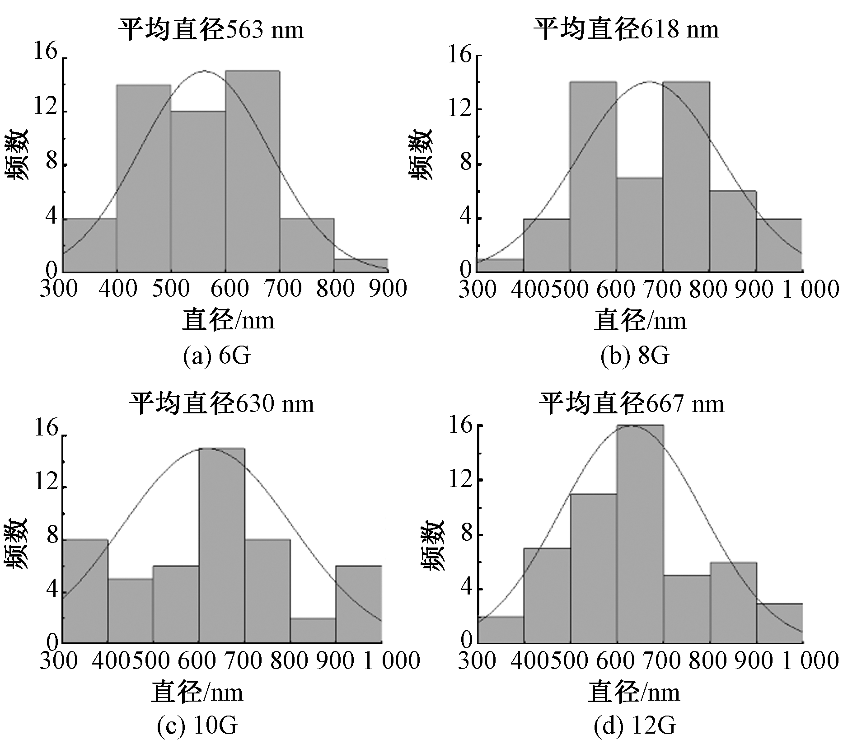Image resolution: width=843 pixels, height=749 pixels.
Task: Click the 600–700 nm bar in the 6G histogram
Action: tap(253, 172)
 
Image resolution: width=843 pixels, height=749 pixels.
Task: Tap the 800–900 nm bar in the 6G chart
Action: tap(361, 266)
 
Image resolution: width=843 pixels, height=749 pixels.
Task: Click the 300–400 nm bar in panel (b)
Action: tap(501, 266)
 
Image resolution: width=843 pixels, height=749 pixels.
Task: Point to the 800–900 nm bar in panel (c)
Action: tap(313, 630)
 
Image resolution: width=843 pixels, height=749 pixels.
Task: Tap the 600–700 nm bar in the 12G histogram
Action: tap(640, 534)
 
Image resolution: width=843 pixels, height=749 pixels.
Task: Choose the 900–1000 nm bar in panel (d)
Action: tap(780, 623)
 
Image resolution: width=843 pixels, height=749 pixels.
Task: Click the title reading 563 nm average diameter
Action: tap(211, 30)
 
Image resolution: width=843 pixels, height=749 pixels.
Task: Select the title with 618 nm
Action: tap(626, 30)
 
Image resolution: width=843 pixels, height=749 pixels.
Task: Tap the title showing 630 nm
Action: tap(221, 403)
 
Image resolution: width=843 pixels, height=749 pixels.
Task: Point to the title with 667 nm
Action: tap(631, 403)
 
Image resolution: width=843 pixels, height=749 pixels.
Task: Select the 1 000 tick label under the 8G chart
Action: tap(811, 289)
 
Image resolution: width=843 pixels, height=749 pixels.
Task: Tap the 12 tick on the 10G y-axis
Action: tap(47, 483)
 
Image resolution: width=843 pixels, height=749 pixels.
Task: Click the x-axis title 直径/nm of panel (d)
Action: tap(633, 693)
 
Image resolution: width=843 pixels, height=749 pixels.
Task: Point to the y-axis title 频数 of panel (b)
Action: tap(422, 155)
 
